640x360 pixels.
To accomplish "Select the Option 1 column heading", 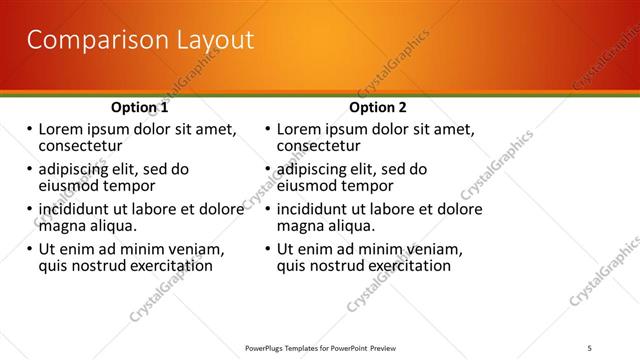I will pyautogui.click(x=139, y=107).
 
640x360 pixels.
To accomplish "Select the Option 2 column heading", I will pyautogui.click(x=379, y=107).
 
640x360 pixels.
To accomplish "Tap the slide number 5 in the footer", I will pyautogui.click(x=590, y=347).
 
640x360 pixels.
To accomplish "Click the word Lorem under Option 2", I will pyautogui.click(x=301, y=129).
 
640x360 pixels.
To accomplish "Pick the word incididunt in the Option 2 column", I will pyautogui.click(x=319, y=210).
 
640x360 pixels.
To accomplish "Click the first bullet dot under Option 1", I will pyautogui.click(x=29, y=130).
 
